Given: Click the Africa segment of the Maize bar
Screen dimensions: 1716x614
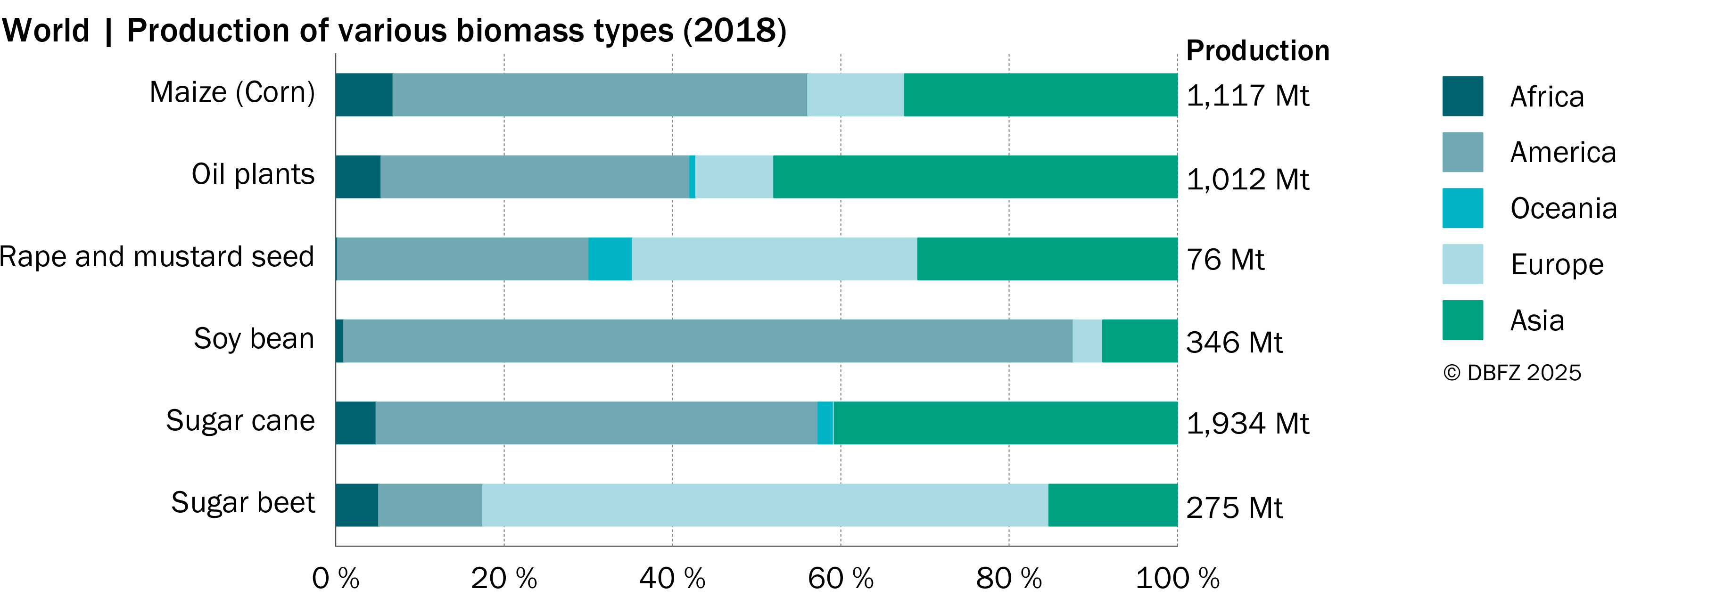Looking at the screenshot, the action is point(364,95).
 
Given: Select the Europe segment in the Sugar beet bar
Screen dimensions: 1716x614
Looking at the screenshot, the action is point(765,505).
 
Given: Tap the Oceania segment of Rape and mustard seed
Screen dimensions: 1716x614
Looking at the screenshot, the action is point(610,258).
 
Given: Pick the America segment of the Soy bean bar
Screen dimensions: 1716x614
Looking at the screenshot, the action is point(708,341).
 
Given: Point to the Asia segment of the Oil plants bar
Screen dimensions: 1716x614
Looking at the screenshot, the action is point(975,177).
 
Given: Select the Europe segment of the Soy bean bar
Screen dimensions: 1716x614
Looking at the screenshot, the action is point(1087,341).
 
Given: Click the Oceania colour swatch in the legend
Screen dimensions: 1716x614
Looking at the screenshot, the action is point(1463,208).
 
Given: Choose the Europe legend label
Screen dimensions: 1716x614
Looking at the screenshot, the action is point(1557,264).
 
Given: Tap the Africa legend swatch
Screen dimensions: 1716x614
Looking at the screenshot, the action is point(1463,96).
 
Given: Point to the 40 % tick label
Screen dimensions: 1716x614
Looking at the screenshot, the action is point(672,578).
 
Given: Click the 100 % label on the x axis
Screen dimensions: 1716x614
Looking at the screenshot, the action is point(1177,578).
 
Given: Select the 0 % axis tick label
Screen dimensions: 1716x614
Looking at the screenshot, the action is point(336,578).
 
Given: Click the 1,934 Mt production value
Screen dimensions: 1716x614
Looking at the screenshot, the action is point(1248,424).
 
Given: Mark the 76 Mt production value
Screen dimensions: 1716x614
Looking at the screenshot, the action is point(1225,259).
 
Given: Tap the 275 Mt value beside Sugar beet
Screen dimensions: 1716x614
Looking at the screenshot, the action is point(1234,508).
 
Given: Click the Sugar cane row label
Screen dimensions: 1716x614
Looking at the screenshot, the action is point(240,420).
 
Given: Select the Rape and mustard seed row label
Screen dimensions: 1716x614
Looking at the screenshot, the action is point(157,256).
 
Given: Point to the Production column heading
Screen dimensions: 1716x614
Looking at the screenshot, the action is point(1258,50).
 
